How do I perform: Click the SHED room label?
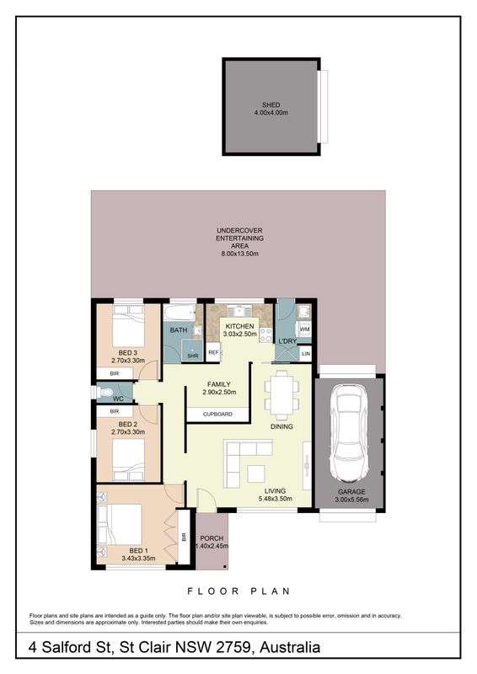tap(271, 104)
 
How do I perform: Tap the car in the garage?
tap(350, 433)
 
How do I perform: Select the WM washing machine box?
tap(304, 329)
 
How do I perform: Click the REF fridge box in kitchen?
tap(213, 352)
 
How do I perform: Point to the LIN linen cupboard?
tap(306, 354)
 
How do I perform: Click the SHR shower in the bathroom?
tap(192, 351)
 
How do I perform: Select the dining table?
tap(281, 393)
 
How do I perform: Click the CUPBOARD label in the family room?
tap(217, 415)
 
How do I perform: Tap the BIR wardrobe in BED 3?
tap(115, 373)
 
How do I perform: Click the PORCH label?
tap(212, 538)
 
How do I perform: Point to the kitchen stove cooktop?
tap(265, 335)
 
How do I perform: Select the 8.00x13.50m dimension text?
tap(239, 254)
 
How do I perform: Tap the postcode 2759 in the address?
tap(233, 647)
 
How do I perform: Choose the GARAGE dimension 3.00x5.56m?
tap(351, 500)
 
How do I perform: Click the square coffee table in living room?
tap(256, 473)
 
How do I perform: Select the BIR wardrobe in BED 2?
tap(115, 411)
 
